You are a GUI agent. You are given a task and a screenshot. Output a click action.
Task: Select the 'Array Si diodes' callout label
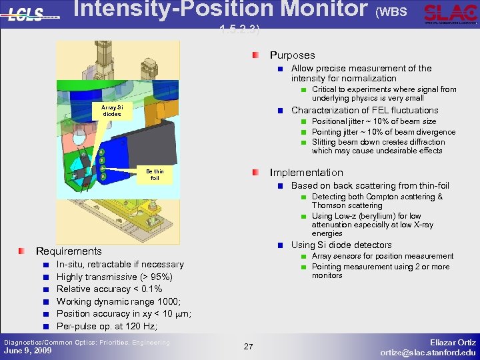(x=107, y=110)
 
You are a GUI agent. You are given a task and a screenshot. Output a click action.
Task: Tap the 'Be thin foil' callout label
(x=155, y=175)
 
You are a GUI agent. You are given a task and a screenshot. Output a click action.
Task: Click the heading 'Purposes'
(x=292, y=55)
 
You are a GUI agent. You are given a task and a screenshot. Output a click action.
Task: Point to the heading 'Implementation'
(x=306, y=172)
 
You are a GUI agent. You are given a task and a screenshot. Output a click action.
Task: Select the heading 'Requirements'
(x=69, y=251)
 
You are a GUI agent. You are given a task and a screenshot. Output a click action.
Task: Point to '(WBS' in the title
(x=391, y=12)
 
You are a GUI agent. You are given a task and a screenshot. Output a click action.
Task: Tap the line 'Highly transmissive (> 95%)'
(x=115, y=277)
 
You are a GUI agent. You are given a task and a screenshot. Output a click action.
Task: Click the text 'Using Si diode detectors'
(x=341, y=245)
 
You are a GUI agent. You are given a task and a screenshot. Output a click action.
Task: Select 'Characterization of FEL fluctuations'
(x=365, y=111)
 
